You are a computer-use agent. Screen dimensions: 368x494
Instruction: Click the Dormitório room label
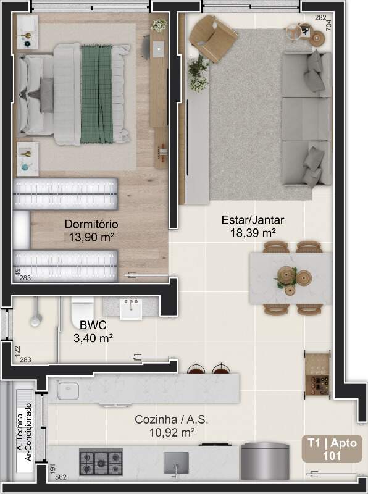[x=91, y=224]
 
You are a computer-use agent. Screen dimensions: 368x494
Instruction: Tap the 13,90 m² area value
[x=91, y=237]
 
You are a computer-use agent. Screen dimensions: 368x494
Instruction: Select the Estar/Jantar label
[x=253, y=220]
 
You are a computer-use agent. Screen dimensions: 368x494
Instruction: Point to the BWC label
[x=93, y=325]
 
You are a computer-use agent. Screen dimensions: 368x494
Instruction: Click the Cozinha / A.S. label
[x=172, y=419]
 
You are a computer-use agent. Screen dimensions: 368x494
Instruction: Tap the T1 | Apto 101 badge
[x=332, y=449]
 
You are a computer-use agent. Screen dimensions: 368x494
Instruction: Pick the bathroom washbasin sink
[x=131, y=309]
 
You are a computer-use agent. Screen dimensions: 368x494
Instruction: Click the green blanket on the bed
[x=97, y=94]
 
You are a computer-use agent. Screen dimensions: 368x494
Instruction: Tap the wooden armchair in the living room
[x=212, y=38]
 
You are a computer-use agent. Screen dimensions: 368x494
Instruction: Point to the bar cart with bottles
[x=317, y=374]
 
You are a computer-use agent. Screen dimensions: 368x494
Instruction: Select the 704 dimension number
[x=328, y=25]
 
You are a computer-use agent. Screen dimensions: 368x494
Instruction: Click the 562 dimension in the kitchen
[x=61, y=477]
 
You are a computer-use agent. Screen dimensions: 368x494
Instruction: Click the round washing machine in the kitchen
[x=265, y=461]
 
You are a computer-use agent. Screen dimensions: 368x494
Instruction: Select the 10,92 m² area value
[x=172, y=432]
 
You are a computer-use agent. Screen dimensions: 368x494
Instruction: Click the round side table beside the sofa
[x=317, y=38]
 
